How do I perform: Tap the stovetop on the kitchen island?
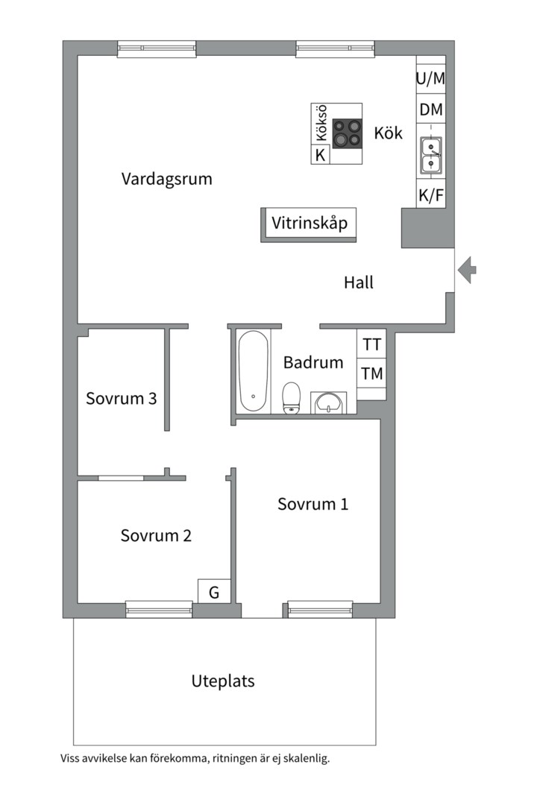347,133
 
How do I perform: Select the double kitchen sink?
430,155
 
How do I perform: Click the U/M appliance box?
430,78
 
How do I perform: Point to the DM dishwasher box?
430,110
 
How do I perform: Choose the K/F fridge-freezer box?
430,195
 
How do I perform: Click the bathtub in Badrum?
254,370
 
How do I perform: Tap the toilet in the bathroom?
292,397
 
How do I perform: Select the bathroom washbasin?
328,402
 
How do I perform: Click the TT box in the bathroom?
371,345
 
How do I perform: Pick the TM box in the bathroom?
371,374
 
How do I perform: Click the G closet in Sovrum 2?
214,592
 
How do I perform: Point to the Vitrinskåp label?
309,223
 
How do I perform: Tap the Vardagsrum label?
166,179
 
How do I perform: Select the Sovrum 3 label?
121,398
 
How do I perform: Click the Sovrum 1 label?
313,504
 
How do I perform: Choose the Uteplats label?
223,681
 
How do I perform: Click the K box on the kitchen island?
320,155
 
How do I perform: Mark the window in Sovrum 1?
320,610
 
